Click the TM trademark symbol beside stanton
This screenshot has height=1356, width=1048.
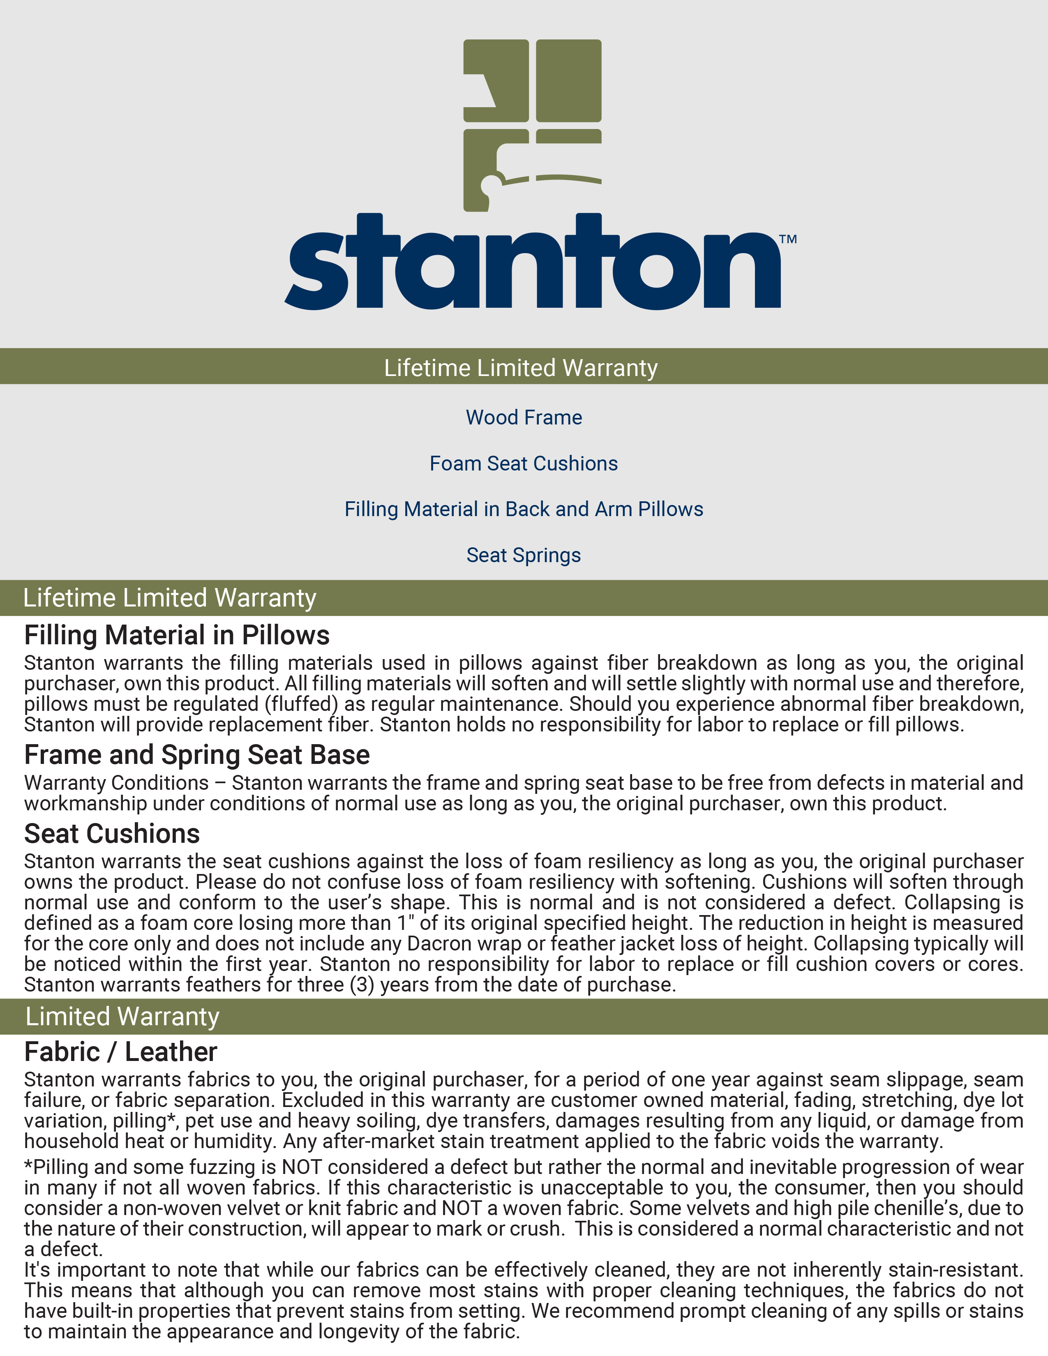(x=788, y=239)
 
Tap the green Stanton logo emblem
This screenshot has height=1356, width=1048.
(x=532, y=124)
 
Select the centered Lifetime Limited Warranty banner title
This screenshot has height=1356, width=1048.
(x=520, y=368)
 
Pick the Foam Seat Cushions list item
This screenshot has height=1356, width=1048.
(x=523, y=463)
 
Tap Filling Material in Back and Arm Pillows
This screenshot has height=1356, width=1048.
(x=523, y=509)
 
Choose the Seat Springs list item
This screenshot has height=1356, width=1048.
(x=523, y=555)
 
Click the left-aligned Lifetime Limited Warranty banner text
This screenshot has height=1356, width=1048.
(x=169, y=598)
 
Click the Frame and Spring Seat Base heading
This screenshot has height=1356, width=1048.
(x=197, y=755)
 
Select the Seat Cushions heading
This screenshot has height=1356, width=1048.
(x=112, y=834)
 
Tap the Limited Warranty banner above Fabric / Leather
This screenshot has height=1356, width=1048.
(x=122, y=1016)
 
